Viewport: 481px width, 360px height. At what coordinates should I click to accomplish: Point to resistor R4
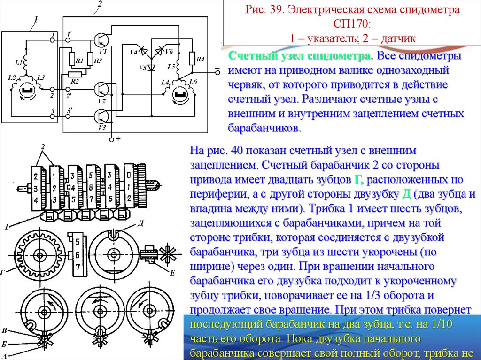pos(193,58)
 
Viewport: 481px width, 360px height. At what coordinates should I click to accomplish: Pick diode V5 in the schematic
pos(151,67)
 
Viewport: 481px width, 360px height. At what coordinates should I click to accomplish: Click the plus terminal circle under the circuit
pos(111,139)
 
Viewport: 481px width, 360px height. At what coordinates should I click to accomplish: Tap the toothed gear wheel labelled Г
pos(39,255)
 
